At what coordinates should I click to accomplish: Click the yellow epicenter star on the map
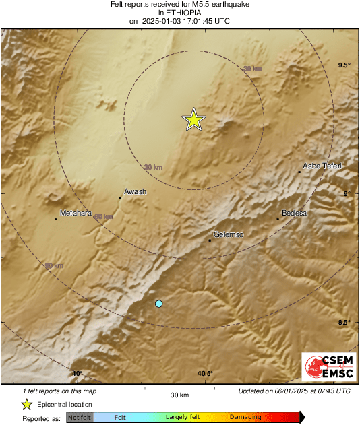(x=193, y=119)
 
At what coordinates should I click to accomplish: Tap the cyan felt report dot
(x=158, y=304)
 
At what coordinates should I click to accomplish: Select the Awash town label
(x=136, y=191)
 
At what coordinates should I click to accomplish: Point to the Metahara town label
(x=76, y=213)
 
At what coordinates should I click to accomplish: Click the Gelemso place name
(x=228, y=234)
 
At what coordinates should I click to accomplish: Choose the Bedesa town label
(x=294, y=213)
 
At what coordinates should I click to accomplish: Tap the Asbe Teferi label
(x=322, y=166)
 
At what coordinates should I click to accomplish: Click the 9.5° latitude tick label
(x=344, y=65)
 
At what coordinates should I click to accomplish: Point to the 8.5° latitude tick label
(x=344, y=323)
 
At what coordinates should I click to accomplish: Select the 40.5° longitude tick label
(x=205, y=374)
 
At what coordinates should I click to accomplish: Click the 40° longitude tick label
(x=77, y=374)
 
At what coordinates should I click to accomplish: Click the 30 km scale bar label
(x=179, y=394)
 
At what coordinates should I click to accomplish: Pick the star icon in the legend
(x=26, y=404)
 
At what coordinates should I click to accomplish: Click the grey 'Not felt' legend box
(x=79, y=418)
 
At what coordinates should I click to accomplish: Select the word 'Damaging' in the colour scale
(x=245, y=418)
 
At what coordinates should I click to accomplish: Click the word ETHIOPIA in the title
(x=180, y=12)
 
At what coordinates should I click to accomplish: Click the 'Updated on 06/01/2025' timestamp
(x=295, y=391)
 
